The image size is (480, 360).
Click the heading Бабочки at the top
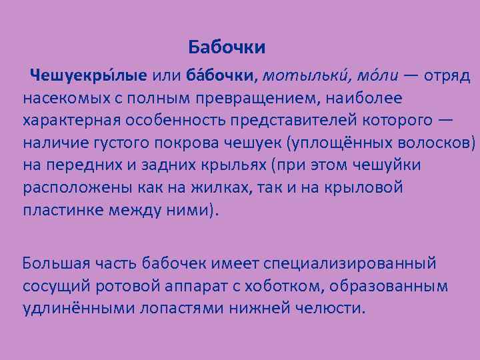[227, 47]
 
